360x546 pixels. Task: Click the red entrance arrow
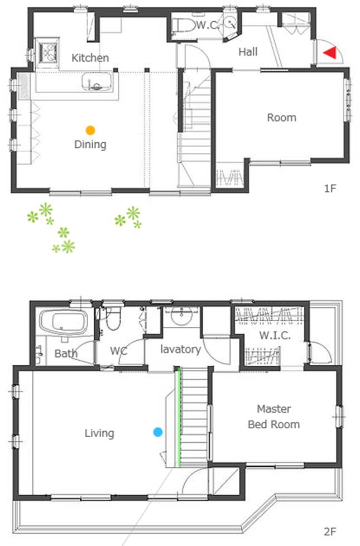click(332, 52)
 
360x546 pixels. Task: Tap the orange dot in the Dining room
click(90, 131)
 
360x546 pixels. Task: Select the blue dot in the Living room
click(158, 432)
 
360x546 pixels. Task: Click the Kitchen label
click(90, 58)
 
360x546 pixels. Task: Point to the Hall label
click(248, 52)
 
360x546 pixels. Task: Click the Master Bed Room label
click(274, 417)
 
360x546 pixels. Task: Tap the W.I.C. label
click(275, 335)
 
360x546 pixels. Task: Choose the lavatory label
click(180, 349)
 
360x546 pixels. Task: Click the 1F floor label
click(330, 189)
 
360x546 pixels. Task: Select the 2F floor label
click(330, 531)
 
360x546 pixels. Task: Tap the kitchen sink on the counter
click(97, 82)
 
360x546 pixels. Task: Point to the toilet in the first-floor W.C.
click(184, 25)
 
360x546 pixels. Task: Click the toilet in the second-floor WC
click(113, 318)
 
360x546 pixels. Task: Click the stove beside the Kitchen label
click(48, 52)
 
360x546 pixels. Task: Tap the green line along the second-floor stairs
click(179, 417)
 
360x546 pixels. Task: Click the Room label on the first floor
click(282, 117)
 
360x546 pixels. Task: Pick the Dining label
click(90, 144)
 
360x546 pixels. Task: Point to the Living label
click(99, 433)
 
